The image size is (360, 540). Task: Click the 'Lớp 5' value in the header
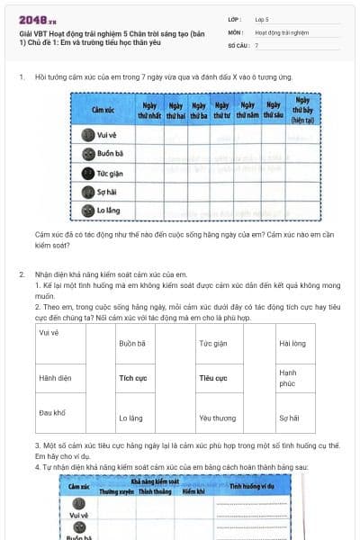tap(263, 18)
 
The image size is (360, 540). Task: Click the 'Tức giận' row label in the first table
tap(110, 173)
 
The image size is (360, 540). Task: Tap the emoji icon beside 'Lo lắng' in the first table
tap(87, 211)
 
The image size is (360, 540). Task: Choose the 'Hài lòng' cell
tap(292, 343)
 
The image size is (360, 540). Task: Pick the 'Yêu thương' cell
tap(217, 418)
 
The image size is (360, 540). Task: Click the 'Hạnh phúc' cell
tap(289, 378)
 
